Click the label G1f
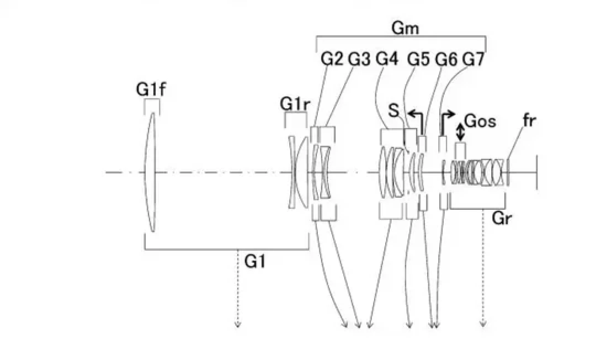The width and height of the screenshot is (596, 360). click(x=151, y=89)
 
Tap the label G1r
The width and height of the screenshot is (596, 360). click(x=295, y=104)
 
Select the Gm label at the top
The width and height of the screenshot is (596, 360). click(x=405, y=28)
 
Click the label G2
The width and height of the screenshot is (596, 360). click(x=332, y=59)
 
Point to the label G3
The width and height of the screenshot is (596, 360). click(x=359, y=59)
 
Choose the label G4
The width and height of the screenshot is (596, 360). click(x=387, y=59)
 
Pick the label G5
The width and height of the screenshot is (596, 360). click(x=418, y=59)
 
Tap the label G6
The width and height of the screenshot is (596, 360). click(x=446, y=59)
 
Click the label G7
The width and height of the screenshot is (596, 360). click(x=473, y=59)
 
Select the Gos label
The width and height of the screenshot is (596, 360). click(x=481, y=121)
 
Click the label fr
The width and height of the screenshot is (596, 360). click(x=529, y=120)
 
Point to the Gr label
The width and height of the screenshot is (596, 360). click(x=502, y=218)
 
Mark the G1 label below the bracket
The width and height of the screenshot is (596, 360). click(x=255, y=261)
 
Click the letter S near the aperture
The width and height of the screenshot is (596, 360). click(x=394, y=110)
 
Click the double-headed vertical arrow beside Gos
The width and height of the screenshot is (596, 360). click(x=460, y=131)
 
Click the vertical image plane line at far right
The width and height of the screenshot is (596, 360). click(x=536, y=172)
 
